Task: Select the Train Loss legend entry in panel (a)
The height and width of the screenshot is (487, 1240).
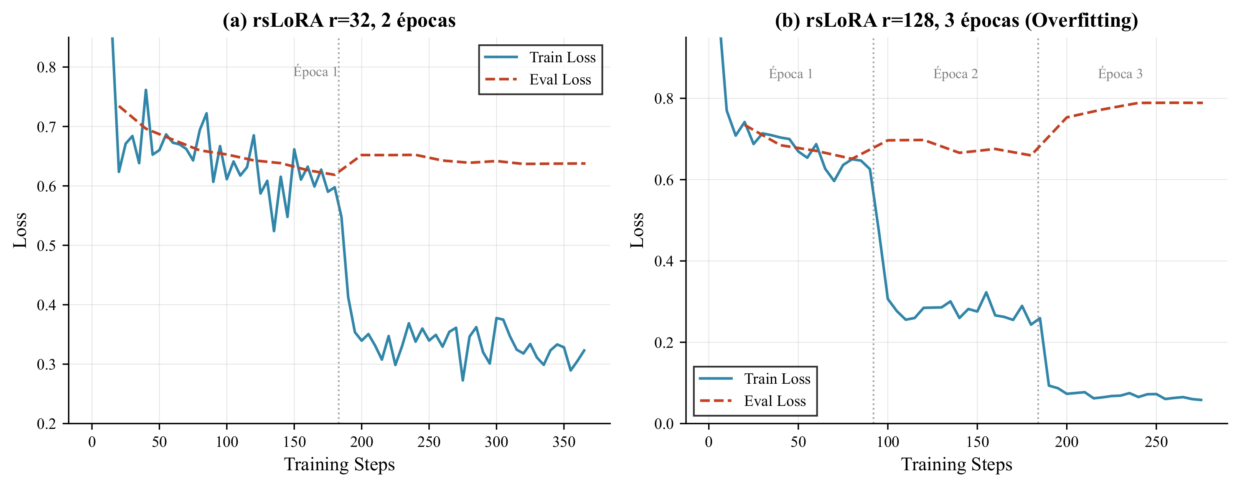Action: [562, 57]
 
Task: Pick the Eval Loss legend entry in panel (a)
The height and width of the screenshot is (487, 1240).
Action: [560, 79]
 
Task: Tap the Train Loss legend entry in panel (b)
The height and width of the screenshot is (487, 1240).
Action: [777, 379]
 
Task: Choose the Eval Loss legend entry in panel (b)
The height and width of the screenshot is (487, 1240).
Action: [775, 401]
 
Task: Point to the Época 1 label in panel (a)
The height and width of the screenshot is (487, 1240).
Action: [315, 72]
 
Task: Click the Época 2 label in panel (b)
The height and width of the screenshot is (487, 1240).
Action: [955, 74]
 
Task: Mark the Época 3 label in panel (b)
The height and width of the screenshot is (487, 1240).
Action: [1120, 74]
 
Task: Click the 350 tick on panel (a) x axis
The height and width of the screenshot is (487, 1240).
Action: [564, 442]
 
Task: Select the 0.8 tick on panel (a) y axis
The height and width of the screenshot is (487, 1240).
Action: [47, 67]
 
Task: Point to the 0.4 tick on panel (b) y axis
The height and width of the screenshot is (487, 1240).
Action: [664, 261]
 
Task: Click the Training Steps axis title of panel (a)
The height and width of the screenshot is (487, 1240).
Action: [339, 464]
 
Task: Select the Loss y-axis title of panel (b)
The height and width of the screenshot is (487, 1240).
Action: [637, 230]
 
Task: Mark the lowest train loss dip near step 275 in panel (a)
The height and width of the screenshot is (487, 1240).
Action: [462, 380]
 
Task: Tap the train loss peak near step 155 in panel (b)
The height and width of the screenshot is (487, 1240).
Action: [986, 292]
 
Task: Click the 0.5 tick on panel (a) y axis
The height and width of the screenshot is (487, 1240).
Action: [47, 245]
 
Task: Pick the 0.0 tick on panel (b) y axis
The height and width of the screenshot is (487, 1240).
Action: [664, 424]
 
